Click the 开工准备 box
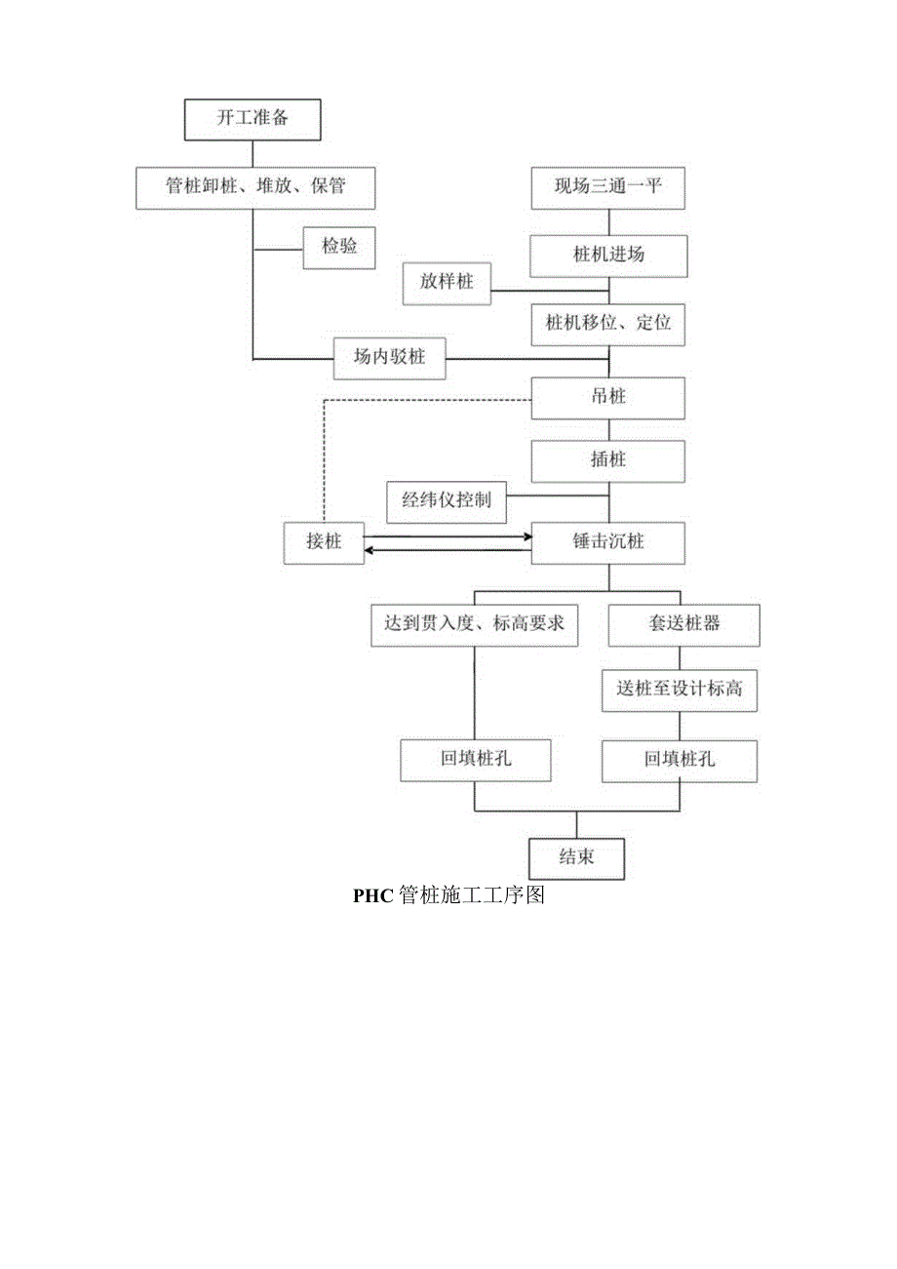coord(252,120)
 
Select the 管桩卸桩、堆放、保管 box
coord(254,186)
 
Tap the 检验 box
coord(339,247)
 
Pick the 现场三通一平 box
coord(608,186)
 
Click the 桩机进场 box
coord(608,256)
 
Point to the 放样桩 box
coord(448,282)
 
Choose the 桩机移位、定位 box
coord(608,324)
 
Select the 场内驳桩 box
coord(389,358)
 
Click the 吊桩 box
coord(608,398)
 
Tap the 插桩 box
coord(608,459)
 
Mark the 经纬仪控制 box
coord(447,501)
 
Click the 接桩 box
coord(324,542)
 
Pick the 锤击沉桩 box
coord(608,542)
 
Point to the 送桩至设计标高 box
coord(680,689)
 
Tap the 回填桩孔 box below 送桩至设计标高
coord(680,760)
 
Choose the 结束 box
coord(576,858)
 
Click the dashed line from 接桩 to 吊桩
coord(324,458)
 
